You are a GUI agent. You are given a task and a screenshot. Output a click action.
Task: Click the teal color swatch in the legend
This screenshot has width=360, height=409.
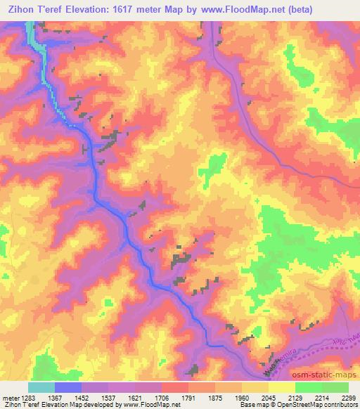41,387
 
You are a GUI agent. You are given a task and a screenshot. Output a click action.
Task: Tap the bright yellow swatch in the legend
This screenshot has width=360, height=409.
282,387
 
